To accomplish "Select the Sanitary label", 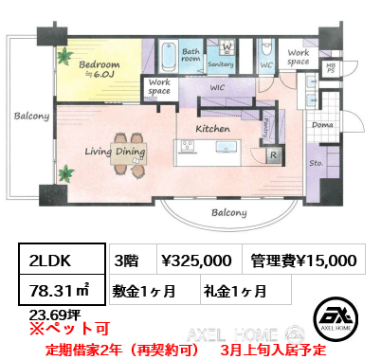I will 221,63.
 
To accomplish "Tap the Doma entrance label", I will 322,125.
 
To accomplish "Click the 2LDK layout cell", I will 56,261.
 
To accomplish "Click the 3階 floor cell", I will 124,261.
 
